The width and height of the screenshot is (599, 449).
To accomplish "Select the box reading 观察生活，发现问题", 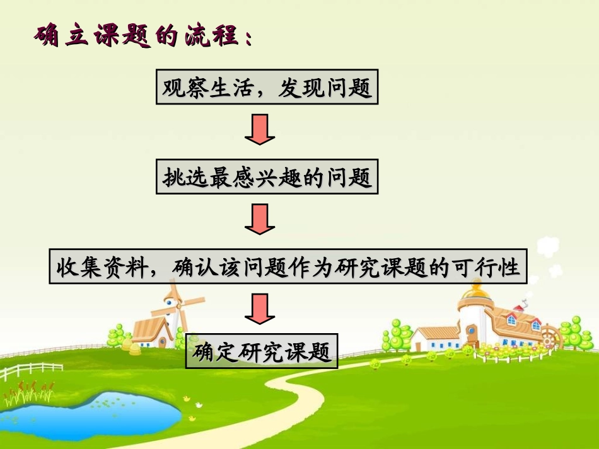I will pos(267,87).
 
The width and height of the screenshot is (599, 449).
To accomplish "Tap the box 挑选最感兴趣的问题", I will pos(267,177).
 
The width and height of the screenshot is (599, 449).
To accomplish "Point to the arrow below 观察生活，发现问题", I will pos(260,129).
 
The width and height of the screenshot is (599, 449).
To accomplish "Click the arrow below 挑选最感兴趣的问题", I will pos(260,219).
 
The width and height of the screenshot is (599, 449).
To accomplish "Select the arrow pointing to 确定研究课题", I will pos(260,308).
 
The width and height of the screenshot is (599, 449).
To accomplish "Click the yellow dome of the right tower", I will pos(475,291).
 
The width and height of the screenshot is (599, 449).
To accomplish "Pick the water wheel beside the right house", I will pos(550,336).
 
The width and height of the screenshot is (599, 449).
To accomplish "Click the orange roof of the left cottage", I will pos(149,326).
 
